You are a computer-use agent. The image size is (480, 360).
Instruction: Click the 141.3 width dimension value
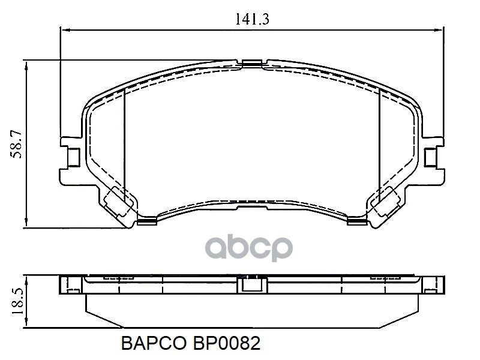[252, 19]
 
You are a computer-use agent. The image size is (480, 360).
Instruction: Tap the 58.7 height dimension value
[16, 143]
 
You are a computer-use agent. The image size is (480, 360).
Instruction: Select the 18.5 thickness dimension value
[17, 301]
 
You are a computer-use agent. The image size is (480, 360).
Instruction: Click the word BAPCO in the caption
[154, 343]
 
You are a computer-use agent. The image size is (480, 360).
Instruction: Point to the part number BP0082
[226, 343]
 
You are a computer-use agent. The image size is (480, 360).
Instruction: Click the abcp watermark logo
[249, 248]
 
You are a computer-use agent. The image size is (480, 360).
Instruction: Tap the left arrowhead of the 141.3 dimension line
[66, 29]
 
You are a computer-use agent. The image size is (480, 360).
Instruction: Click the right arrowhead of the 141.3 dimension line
[439, 29]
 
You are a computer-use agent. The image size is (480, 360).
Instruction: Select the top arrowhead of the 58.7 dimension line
[27, 65]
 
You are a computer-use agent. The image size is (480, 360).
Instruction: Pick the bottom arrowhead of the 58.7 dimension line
[27, 222]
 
